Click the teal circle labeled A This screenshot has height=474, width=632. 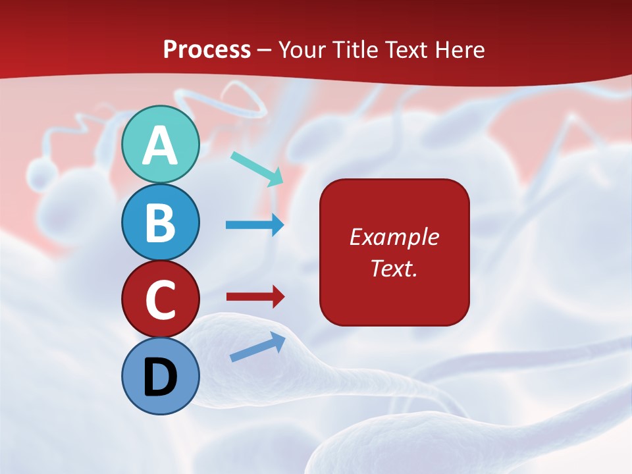click(160, 144)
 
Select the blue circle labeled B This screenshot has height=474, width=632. click(160, 222)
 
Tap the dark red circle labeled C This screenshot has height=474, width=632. click(160, 299)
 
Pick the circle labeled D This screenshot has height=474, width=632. click(160, 376)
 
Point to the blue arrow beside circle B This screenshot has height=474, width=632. click(255, 225)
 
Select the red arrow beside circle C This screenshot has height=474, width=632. click(255, 297)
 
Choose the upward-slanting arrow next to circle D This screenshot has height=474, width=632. click(257, 347)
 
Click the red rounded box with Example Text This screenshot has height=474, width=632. click(394, 252)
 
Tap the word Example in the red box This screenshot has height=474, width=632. click(394, 237)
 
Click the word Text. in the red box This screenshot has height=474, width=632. click(394, 268)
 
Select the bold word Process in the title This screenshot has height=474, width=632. click(207, 49)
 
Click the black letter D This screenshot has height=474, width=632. click(160, 378)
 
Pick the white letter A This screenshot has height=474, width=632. click(160, 145)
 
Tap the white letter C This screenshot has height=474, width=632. click(160, 300)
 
